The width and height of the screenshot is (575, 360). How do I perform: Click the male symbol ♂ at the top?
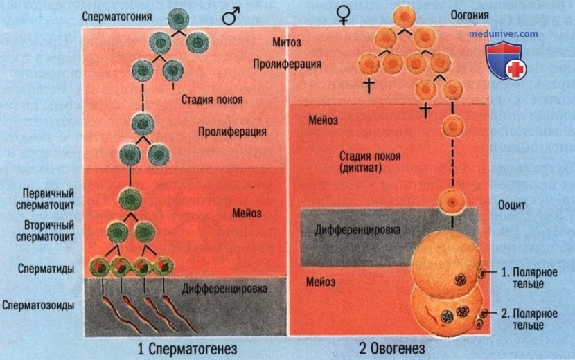point(231,16)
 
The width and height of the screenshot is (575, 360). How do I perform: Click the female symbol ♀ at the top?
point(343,15)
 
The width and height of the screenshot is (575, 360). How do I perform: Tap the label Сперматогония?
point(116,17)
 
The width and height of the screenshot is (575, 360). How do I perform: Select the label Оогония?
point(470,15)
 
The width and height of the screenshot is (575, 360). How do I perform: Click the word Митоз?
point(286,42)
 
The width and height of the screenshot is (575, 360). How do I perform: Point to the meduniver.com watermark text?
point(504,34)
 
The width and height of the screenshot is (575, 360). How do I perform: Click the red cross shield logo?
point(506,61)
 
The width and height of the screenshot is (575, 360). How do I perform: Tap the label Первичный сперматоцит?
point(45,199)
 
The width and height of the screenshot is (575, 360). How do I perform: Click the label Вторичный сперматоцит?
point(45,231)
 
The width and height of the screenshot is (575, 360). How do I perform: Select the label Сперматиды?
point(46,269)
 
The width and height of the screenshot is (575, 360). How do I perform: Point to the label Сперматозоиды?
point(38,305)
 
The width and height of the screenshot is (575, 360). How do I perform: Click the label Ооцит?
point(511,206)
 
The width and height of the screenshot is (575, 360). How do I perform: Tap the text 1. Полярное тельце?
point(529,278)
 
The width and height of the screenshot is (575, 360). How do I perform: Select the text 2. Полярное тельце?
point(529,319)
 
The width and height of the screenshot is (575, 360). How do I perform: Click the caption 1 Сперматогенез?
point(187,349)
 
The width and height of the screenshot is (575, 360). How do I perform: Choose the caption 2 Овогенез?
point(392,348)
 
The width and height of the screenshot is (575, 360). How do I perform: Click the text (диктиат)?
point(361,168)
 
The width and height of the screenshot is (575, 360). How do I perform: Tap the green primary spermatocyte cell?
point(130,200)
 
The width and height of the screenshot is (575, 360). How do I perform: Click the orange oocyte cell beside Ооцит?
point(452,201)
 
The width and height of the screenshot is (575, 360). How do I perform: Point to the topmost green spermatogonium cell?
point(178,19)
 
